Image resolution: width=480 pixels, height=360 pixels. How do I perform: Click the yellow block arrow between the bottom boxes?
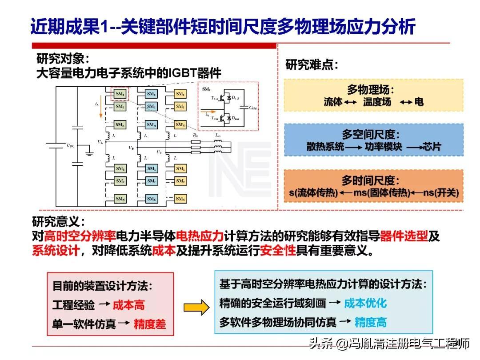(x=196, y=307)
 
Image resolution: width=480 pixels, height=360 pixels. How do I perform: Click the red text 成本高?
(x=128, y=305)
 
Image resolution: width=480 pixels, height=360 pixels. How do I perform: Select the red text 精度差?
(x=150, y=324)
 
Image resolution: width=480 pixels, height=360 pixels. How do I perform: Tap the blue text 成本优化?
(x=365, y=303)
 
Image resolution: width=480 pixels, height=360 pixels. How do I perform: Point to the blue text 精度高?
(x=370, y=322)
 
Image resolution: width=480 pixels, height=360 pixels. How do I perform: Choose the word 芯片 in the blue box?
(x=432, y=147)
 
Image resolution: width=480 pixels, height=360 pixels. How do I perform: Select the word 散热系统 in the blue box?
(x=325, y=147)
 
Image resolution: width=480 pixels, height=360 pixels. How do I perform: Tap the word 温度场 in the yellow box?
(x=377, y=102)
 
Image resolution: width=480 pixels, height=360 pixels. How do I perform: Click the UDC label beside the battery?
(x=70, y=145)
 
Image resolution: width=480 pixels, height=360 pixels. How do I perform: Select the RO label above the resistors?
(x=196, y=135)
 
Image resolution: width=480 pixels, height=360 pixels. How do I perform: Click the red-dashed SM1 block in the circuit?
(x=120, y=94)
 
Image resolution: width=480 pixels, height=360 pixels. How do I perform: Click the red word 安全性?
(x=278, y=250)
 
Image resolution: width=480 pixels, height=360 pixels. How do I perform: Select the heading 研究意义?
(x=58, y=221)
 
